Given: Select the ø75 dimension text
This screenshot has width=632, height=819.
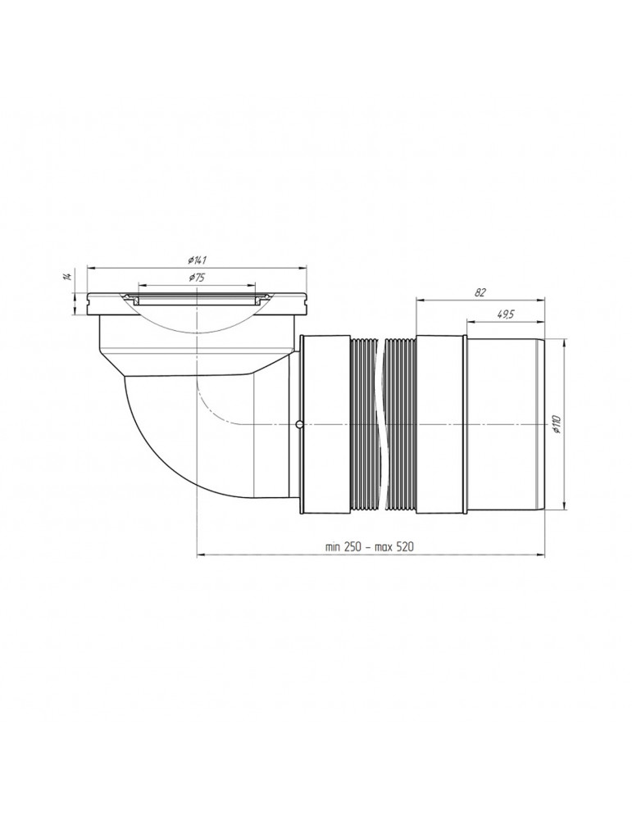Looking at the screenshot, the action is click(196, 278).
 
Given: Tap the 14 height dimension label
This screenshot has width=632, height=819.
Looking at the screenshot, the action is click(66, 276).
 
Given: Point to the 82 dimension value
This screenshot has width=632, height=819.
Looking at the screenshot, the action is click(480, 292).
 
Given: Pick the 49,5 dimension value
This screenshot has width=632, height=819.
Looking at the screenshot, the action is click(504, 314).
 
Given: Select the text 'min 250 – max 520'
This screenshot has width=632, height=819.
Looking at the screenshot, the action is click(370, 547).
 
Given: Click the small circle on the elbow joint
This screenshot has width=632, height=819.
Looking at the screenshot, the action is click(298, 424).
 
